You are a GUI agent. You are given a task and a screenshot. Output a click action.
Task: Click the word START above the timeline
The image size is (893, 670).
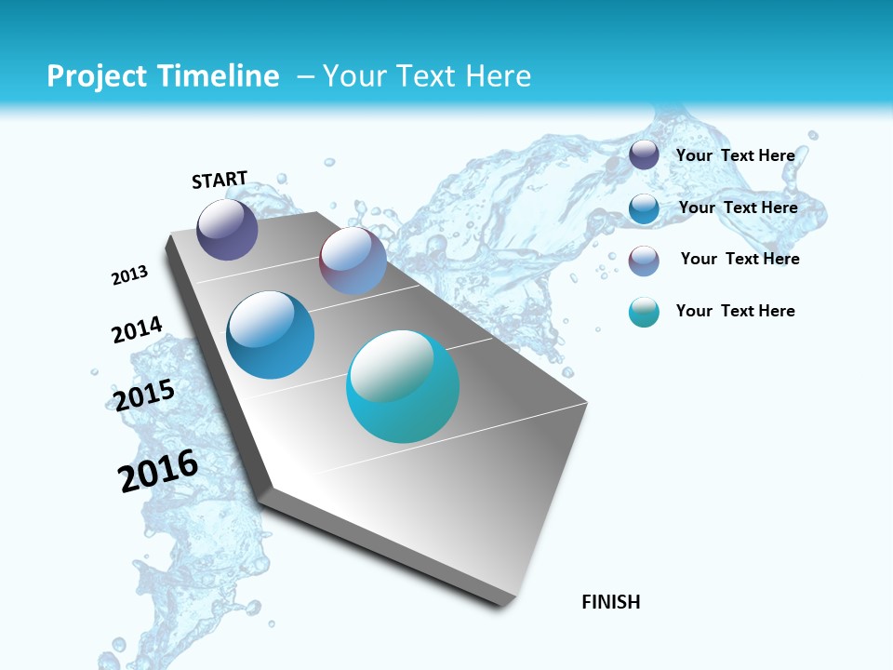point(220,180)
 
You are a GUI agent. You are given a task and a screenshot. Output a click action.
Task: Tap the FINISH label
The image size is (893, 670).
point(611,602)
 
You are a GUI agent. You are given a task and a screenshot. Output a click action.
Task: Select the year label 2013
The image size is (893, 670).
point(130,275)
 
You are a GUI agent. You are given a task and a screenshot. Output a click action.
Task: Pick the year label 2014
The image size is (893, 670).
point(138,330)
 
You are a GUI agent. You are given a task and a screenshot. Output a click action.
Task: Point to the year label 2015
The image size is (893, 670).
point(144,395)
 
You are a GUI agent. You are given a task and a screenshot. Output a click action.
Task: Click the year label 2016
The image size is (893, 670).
point(158,470)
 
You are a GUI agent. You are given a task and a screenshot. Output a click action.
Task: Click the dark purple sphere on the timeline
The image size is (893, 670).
point(227,229)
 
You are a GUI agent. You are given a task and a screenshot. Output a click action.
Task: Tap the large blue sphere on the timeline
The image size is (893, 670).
point(270,335)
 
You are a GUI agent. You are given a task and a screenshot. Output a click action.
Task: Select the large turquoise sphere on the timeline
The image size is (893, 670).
point(403,386)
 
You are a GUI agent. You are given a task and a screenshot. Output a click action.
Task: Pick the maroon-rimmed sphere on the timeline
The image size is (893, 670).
point(353,261)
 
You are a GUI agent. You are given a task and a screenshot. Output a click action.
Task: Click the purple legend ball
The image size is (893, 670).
point(644,155)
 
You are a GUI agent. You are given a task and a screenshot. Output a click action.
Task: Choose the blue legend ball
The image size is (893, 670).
point(644,208)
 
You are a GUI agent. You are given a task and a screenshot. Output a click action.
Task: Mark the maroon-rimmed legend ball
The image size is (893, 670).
point(644,261)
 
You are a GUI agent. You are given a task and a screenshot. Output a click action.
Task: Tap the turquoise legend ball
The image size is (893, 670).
point(644,312)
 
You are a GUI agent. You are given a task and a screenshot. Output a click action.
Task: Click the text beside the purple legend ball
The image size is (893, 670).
point(735,155)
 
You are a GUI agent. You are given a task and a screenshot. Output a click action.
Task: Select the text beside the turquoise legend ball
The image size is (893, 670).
point(735,311)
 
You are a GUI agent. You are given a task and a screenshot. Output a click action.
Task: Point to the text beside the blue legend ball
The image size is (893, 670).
point(738,208)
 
